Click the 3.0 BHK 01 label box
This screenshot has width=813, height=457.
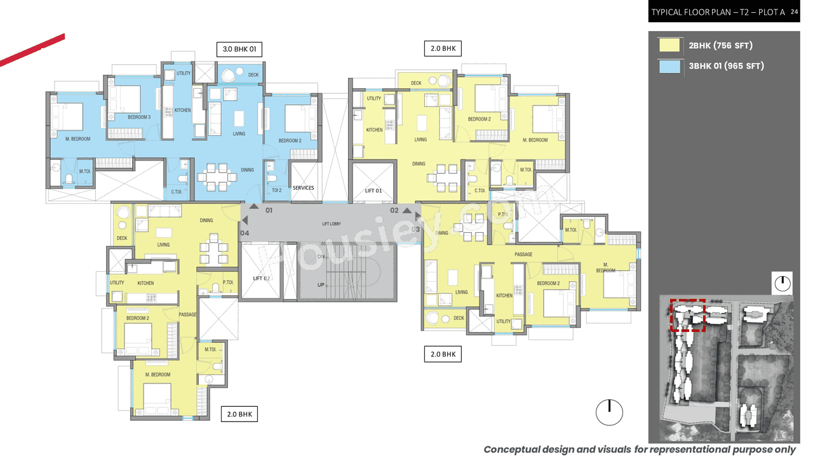point(239,49)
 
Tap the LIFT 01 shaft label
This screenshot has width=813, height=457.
point(373,190)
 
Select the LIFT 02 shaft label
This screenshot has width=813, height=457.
point(262,279)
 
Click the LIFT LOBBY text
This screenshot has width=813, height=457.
point(331,224)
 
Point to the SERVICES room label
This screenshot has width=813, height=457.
point(303,188)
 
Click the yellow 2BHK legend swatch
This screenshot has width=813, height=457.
point(669,45)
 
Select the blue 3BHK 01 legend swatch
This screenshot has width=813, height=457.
point(669,66)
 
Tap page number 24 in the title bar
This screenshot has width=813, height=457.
point(794,11)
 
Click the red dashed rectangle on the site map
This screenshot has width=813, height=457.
point(689,315)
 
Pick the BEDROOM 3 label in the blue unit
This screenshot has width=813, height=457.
point(139,117)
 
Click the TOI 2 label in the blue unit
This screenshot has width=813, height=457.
point(276,190)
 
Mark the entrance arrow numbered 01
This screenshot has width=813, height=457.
point(254,206)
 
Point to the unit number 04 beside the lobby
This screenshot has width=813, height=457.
point(245,233)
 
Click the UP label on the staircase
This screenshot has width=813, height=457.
point(321,285)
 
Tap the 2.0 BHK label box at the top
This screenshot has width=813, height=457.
point(442,48)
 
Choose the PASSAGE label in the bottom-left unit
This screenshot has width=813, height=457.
point(187,315)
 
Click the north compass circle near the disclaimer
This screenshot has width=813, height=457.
point(609,413)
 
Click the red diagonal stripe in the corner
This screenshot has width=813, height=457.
point(32,50)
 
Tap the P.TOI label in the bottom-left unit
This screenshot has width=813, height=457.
point(228,283)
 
